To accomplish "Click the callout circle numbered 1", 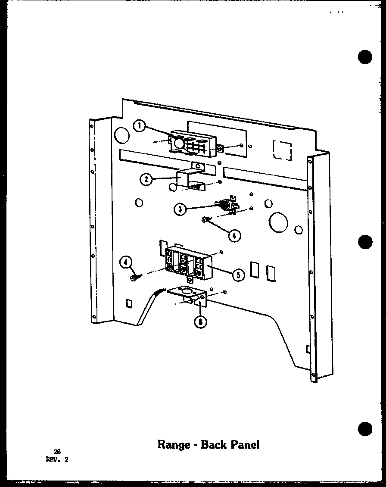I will (x=139, y=126).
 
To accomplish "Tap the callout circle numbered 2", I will (x=146, y=179).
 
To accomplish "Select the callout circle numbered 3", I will (x=180, y=209).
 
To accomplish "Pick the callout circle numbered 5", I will (x=237, y=274).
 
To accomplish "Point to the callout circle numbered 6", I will (x=199, y=322).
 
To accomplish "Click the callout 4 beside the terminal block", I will (x=125, y=262).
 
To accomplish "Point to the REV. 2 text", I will (x=56, y=459).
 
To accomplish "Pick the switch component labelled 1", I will (x=194, y=144).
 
